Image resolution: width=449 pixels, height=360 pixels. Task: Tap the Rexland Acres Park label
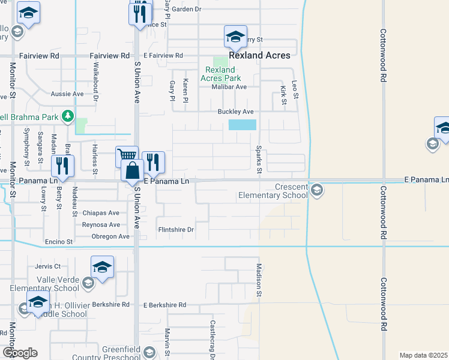pos(220,74)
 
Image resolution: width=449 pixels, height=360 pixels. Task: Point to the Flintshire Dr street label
pos(176,229)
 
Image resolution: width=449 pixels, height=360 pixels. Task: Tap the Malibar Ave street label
pos(229,86)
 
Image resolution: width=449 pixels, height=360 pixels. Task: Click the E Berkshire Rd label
pos(165,305)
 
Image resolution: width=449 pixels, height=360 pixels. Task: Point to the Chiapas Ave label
pos(101,213)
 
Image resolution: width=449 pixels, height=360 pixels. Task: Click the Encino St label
pos(59,242)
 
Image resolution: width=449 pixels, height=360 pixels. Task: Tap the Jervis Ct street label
pos(48,266)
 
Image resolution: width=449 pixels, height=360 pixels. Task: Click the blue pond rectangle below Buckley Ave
pos(242,125)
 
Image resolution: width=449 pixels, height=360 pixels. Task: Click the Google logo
pos(20,353)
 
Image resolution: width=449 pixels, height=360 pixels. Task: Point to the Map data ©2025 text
pos(423,355)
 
